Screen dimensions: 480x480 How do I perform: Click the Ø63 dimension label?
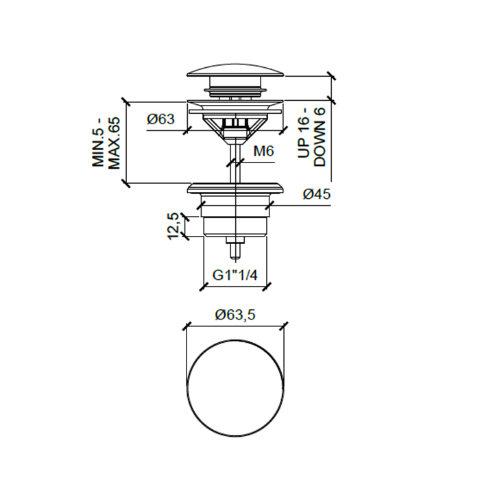160,119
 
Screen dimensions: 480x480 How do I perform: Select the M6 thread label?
263,151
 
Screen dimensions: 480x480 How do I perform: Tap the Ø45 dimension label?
317,194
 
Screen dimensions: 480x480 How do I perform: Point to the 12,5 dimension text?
173,226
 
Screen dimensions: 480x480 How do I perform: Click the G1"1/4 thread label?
235,276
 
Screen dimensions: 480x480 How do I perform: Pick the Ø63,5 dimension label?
235,315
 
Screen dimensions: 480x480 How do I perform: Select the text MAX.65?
115,143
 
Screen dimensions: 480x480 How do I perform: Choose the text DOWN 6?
320,137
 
